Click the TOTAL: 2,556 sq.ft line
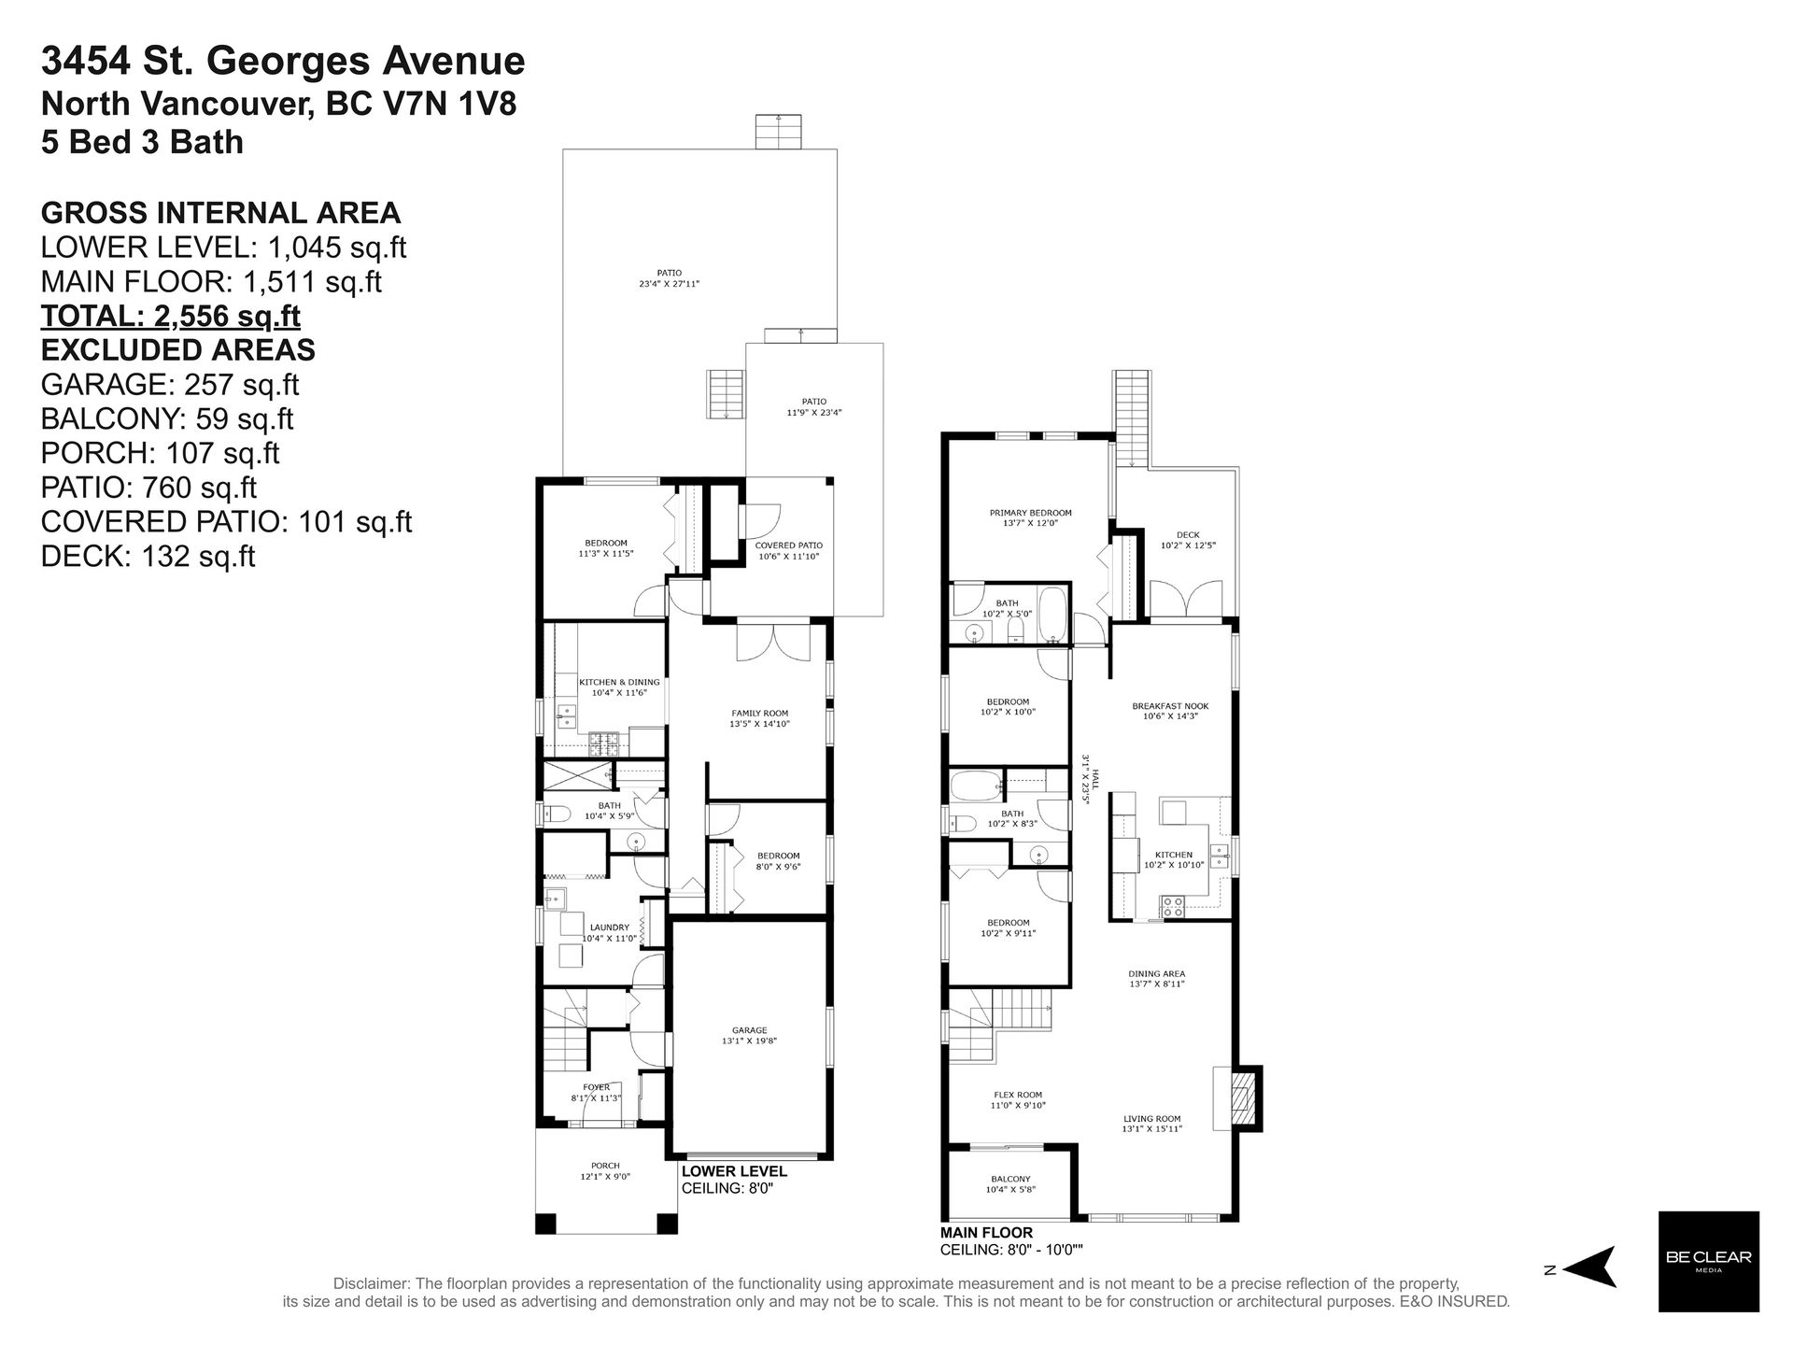click(x=171, y=316)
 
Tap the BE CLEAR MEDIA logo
click(x=1708, y=1261)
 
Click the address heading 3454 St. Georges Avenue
click(x=283, y=62)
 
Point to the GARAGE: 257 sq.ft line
click(x=170, y=384)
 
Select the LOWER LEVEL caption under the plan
click(x=734, y=1171)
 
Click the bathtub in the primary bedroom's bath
click(x=1052, y=616)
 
